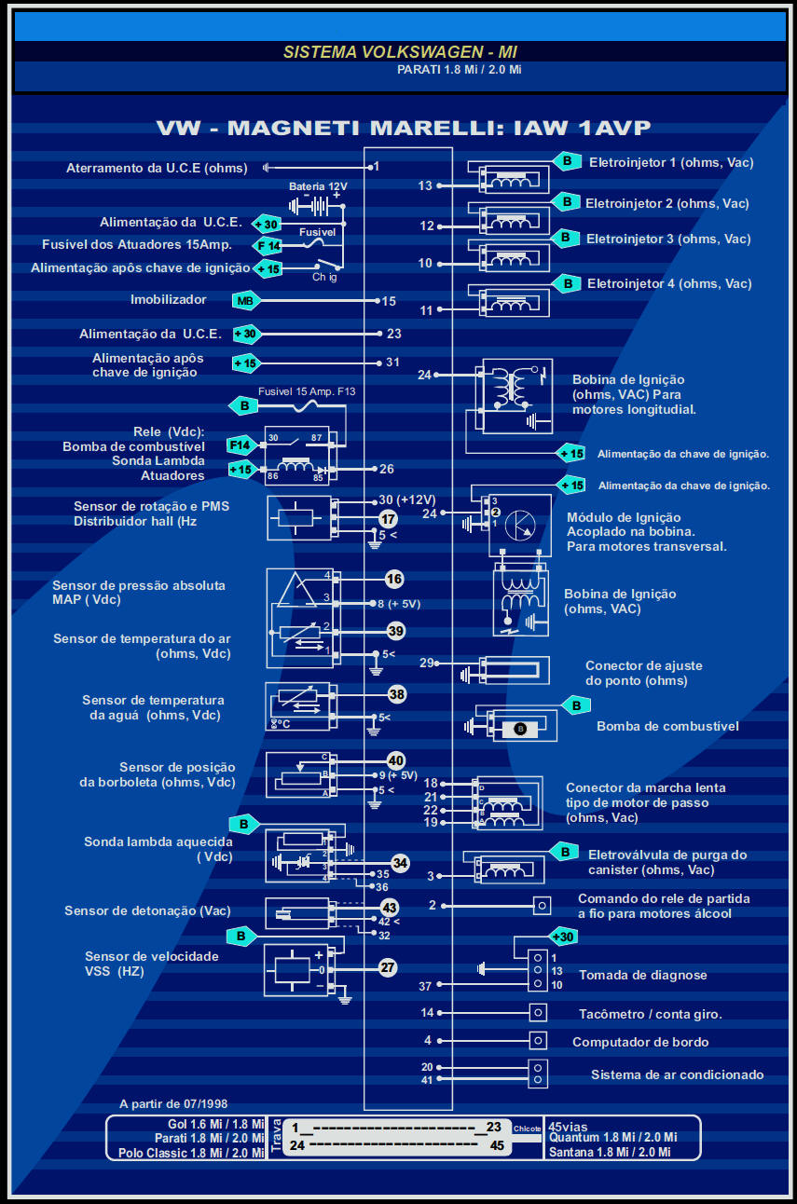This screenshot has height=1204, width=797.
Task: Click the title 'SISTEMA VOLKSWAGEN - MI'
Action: [x=400, y=51]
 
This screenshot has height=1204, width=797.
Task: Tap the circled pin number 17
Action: [x=388, y=519]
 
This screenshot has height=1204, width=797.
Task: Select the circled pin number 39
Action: [x=395, y=631]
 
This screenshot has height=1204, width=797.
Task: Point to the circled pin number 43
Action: [x=390, y=908]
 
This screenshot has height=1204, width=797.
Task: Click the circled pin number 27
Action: [x=388, y=968]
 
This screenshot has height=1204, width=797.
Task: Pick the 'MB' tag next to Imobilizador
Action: [x=245, y=301]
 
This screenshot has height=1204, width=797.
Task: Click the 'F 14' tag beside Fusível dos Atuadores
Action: [x=268, y=245]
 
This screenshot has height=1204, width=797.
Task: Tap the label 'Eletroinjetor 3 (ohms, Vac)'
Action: [x=667, y=239]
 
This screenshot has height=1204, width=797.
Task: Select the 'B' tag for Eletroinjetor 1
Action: [x=566, y=161]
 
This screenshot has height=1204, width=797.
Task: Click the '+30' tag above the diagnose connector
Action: [x=563, y=937]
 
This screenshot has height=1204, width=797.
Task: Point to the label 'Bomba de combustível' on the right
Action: [x=667, y=726]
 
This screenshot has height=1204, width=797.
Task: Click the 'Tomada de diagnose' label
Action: [x=642, y=976]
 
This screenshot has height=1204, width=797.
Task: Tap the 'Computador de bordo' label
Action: [x=640, y=1042]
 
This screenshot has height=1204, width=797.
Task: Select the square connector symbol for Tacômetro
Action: [x=538, y=1013]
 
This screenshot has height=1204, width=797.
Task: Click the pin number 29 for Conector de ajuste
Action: [x=427, y=664]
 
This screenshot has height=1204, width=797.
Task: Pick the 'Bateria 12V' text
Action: [x=318, y=186]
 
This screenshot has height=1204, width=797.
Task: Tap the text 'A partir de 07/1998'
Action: [x=173, y=1103]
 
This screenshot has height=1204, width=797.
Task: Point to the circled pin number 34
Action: [x=400, y=863]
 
